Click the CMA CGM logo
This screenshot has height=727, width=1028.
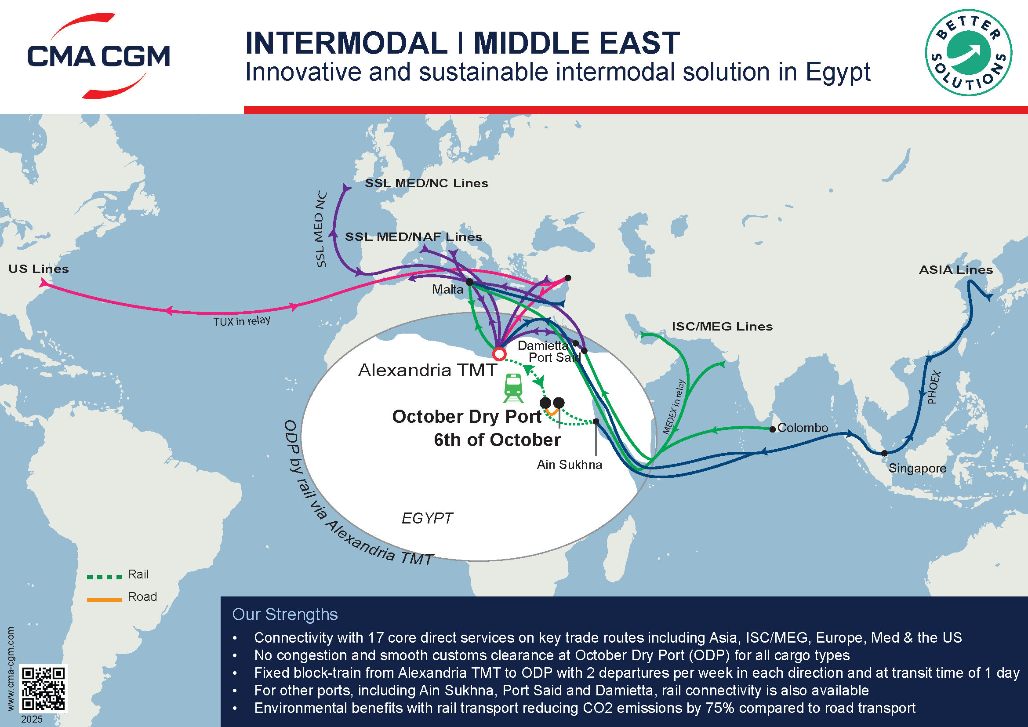(x=98, y=56)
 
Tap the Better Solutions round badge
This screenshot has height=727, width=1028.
(x=969, y=53)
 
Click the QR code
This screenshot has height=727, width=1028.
(x=44, y=688)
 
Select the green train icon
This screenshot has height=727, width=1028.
(x=513, y=388)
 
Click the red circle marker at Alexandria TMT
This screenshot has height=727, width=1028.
(x=499, y=354)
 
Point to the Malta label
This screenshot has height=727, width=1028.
(x=447, y=289)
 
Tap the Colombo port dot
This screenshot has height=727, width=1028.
(x=772, y=429)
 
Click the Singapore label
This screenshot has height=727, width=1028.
(x=917, y=468)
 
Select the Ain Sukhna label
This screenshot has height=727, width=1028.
(x=569, y=465)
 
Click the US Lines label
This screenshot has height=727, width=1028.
(x=39, y=269)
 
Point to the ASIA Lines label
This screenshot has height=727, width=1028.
(x=955, y=269)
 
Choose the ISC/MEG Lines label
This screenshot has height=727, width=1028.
(x=722, y=326)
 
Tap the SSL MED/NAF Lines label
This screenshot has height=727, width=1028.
(x=413, y=236)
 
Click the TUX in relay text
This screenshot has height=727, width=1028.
(x=242, y=321)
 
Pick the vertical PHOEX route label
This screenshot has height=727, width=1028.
(x=934, y=387)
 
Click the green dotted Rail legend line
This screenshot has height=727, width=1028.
(x=104, y=577)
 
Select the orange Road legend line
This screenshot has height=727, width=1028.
(x=104, y=600)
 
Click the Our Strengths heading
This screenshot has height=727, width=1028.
(x=285, y=614)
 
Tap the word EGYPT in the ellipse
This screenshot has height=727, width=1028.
(x=427, y=518)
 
